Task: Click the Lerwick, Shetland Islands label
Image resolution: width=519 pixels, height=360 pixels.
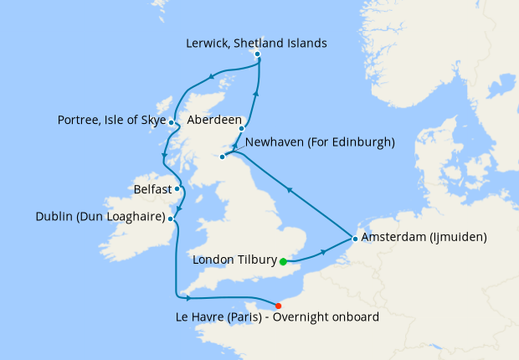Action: click(x=256, y=43)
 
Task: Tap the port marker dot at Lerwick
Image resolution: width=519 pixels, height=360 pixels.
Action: click(x=257, y=54)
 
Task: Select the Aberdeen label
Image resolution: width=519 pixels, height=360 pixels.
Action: click(x=216, y=120)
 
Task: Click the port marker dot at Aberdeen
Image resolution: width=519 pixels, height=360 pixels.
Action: click(x=241, y=129)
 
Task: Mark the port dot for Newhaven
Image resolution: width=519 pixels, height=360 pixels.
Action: click(x=222, y=157)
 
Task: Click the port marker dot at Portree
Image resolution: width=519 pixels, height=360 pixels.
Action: click(x=171, y=123)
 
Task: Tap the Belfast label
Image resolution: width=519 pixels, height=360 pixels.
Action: click(x=152, y=190)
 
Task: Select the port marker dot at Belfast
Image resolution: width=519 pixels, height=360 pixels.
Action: click(x=177, y=188)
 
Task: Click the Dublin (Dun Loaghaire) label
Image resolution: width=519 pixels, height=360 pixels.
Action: click(x=100, y=218)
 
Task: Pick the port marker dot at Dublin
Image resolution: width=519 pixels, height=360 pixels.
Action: click(x=171, y=219)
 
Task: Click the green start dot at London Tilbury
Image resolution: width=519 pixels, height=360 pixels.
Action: click(x=283, y=261)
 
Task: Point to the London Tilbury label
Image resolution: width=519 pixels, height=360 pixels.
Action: click(x=234, y=260)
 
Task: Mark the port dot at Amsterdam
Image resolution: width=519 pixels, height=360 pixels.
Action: click(x=355, y=239)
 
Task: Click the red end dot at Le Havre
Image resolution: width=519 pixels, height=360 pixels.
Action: click(x=278, y=305)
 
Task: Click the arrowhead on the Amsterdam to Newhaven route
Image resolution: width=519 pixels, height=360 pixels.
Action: click(x=290, y=192)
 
